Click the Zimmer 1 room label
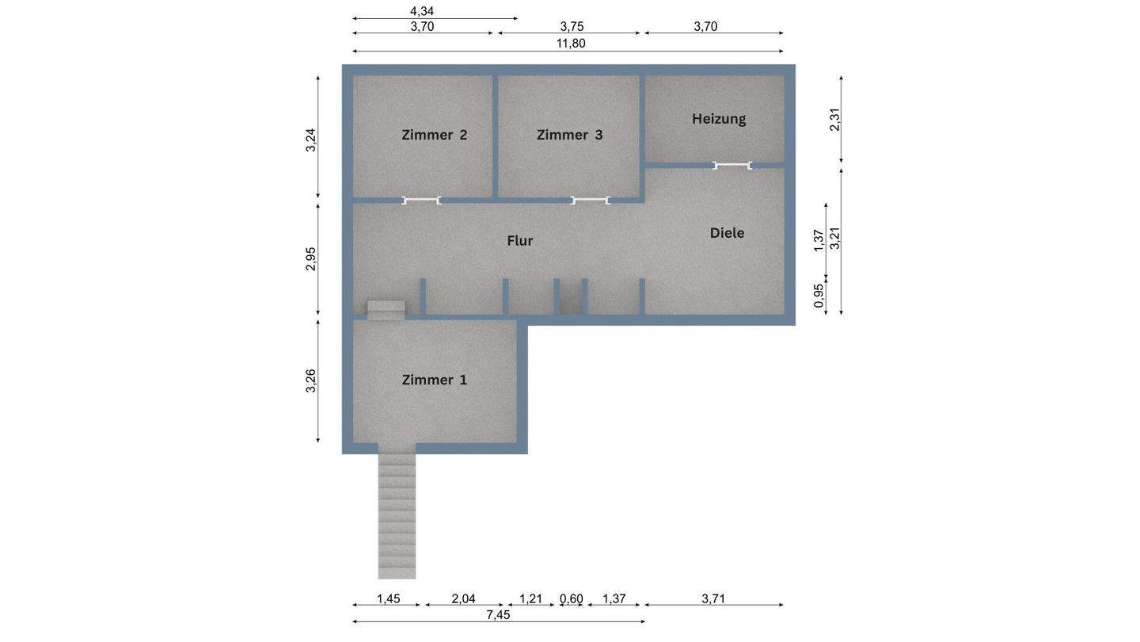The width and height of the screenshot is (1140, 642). click(x=434, y=380)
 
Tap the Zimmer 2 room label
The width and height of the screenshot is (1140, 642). click(x=434, y=135)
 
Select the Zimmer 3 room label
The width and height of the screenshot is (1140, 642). click(x=569, y=135)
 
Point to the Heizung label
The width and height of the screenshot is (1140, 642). click(x=719, y=119)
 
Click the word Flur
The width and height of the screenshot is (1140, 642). click(x=519, y=240)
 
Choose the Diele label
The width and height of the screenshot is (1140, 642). click(x=727, y=233)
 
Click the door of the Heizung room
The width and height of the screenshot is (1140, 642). click(x=731, y=165)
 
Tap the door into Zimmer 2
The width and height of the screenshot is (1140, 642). click(x=421, y=201)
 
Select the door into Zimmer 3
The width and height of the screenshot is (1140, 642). click(x=591, y=201)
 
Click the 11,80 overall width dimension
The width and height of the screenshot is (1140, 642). click(x=571, y=44)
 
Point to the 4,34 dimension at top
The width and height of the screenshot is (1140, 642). click(x=421, y=11)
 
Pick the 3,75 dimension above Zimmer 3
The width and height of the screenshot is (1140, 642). click(x=572, y=26)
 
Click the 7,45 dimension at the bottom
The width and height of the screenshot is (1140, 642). click(x=498, y=615)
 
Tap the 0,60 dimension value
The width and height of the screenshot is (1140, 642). click(x=571, y=598)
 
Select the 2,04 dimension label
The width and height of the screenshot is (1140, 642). click(x=463, y=598)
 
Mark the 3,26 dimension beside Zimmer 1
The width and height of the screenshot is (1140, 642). click(x=311, y=380)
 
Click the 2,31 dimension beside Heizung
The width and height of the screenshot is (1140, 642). click(x=834, y=120)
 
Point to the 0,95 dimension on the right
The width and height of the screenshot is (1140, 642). click(x=819, y=296)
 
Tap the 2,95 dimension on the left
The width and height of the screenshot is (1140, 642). click(x=311, y=259)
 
